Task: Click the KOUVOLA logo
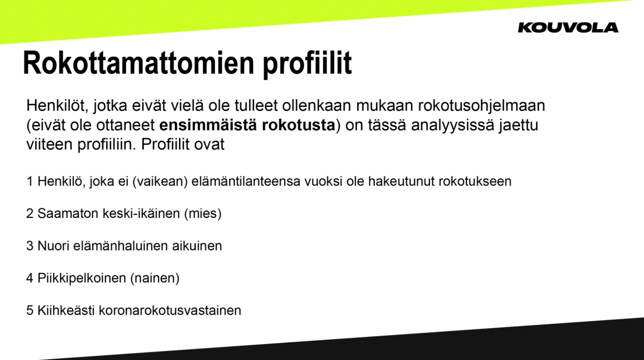(568, 27)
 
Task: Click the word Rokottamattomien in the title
(139, 63)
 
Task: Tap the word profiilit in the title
(307, 64)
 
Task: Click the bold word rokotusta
(298, 125)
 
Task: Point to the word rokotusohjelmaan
(481, 106)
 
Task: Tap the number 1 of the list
(29, 182)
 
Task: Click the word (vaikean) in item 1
(160, 182)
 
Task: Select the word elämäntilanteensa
(246, 182)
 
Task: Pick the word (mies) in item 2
(203, 214)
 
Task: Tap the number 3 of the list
(30, 246)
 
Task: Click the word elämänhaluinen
(121, 246)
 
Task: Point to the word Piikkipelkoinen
(82, 278)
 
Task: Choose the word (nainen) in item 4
(155, 278)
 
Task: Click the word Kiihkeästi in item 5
(66, 310)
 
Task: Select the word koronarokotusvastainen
(170, 310)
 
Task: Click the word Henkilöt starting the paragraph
(57, 106)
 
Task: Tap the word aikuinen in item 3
(197, 246)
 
